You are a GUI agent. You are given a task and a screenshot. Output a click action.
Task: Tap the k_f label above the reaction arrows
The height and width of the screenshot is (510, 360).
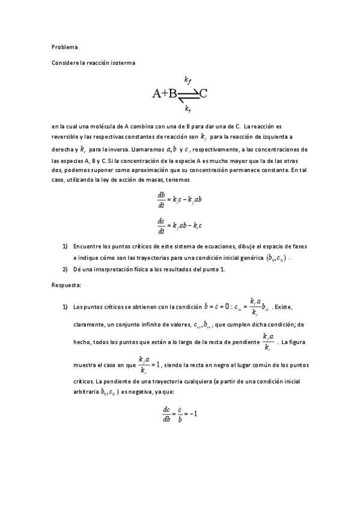point(188,79)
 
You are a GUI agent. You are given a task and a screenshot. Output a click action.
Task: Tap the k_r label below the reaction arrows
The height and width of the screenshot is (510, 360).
point(188,108)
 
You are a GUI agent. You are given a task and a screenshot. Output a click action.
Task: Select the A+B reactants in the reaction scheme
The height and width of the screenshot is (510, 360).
point(164,94)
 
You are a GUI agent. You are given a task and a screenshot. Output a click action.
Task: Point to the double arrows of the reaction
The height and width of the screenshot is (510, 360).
point(188,94)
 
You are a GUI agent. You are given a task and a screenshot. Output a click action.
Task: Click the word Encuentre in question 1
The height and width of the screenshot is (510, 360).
point(87,247)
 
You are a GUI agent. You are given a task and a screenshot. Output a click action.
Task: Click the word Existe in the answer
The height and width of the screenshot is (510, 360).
point(282,307)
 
